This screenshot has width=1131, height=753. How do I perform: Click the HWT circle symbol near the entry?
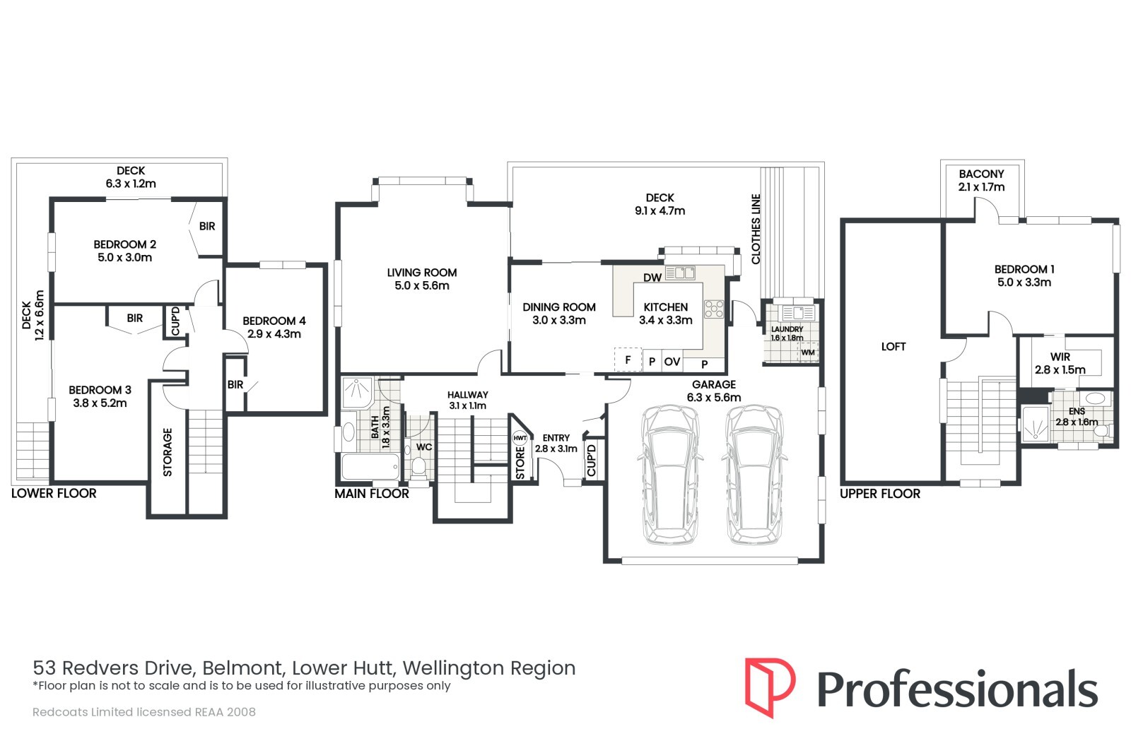[x=520, y=438]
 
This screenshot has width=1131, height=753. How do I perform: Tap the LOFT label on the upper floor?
[x=893, y=347]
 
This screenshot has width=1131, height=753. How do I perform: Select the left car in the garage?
[x=670, y=475]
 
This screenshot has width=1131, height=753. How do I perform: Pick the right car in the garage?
[x=754, y=475]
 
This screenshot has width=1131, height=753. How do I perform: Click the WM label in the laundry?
[x=808, y=352]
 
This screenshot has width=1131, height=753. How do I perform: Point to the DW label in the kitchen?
[x=652, y=278]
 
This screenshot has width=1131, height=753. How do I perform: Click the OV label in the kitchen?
[x=672, y=362]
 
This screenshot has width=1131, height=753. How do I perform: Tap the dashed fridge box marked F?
[x=628, y=360]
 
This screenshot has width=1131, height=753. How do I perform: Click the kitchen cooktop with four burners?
[x=714, y=309]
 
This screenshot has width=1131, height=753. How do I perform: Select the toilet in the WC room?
[x=418, y=465]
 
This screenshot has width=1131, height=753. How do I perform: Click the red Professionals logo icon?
[x=770, y=687]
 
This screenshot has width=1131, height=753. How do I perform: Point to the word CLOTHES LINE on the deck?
[x=756, y=229]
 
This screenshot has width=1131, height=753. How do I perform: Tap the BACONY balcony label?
[x=982, y=174]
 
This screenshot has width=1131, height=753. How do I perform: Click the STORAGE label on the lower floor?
[x=168, y=452]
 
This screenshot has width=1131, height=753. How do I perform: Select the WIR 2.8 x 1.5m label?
[x=1060, y=363]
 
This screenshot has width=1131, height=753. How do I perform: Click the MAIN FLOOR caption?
[x=372, y=494]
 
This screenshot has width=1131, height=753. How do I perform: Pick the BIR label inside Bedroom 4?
[x=235, y=385]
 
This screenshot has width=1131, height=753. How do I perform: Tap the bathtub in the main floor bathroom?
[x=370, y=467]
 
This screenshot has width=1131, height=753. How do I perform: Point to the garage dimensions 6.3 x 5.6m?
[x=714, y=398]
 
